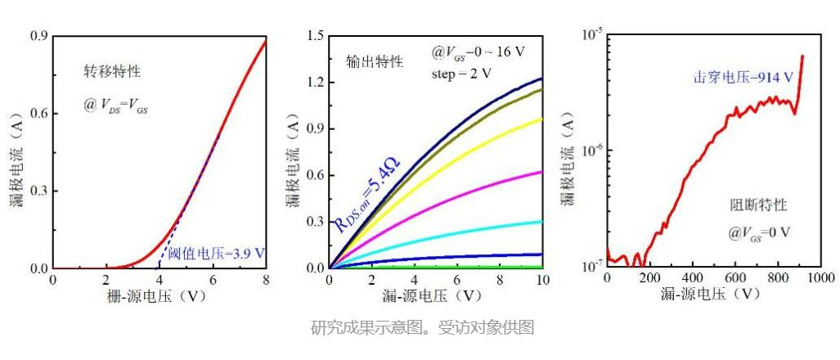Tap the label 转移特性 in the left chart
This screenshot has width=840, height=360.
(x=112, y=72)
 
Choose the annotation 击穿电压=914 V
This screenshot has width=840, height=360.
(x=741, y=77)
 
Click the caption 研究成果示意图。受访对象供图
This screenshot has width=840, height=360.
(x=423, y=326)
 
